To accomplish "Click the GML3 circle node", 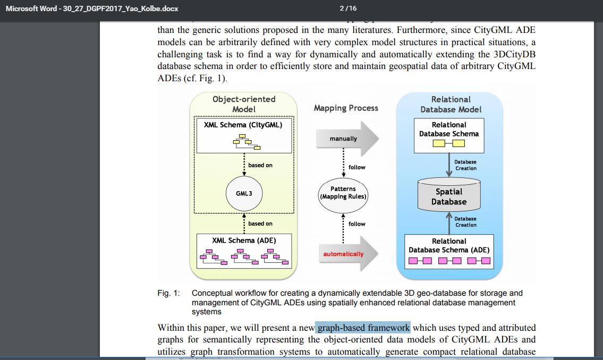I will pos(244,194).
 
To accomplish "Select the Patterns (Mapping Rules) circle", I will pos(343,193).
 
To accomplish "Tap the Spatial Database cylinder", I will pos(449,196).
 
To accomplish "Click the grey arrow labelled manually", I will pos(345,139).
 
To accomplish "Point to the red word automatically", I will pos(343,254).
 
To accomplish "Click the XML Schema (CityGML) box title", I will pos(243,125).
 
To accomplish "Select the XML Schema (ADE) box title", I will pos(244,240).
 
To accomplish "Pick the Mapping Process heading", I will pos(346,108).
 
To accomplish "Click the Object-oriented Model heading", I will pos(244,104).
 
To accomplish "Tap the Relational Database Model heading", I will pos(451,104).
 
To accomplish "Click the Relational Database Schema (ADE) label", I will pos(449,245).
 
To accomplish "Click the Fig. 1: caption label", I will pos(168,293).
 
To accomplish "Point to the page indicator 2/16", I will pos(347,8).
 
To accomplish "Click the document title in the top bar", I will pos(92,8).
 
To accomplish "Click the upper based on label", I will pos(260,165).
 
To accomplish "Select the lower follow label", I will pos(357,224).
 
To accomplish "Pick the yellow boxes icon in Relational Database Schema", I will pos(449,143).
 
